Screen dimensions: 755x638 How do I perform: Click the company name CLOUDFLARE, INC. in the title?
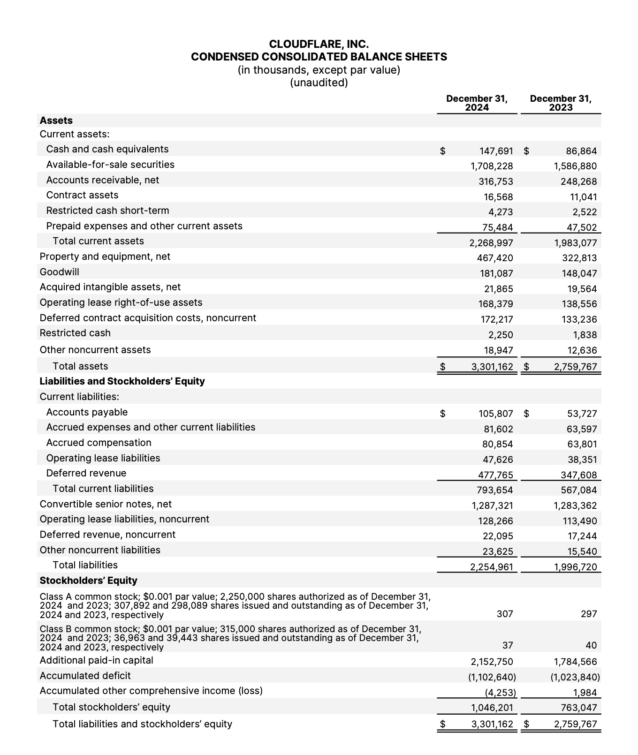[319, 44]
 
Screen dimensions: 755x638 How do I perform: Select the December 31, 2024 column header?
[477, 103]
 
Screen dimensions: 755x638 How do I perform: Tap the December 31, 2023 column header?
[561, 103]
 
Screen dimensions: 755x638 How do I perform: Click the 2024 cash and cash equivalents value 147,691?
[496, 151]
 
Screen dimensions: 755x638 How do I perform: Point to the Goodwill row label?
[60, 272]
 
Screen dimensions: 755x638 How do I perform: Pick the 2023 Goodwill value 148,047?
[579, 273]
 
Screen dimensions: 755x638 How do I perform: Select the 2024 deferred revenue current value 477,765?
[495, 475]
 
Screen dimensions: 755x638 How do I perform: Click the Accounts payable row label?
[87, 412]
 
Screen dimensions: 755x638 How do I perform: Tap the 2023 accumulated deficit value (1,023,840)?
[575, 677]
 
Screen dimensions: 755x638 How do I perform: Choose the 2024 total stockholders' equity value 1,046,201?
[492, 708]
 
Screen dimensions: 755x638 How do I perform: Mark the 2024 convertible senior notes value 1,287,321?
[492, 506]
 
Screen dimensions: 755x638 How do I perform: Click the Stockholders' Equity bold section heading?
[89, 581]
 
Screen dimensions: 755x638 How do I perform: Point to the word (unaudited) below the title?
[319, 83]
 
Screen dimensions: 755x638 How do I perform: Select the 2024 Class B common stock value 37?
[508, 646]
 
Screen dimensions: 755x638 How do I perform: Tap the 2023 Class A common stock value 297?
[589, 614]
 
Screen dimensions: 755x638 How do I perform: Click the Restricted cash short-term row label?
[108, 211]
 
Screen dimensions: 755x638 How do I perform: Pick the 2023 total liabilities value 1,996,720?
[575, 567]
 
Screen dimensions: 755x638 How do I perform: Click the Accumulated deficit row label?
[85, 676]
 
